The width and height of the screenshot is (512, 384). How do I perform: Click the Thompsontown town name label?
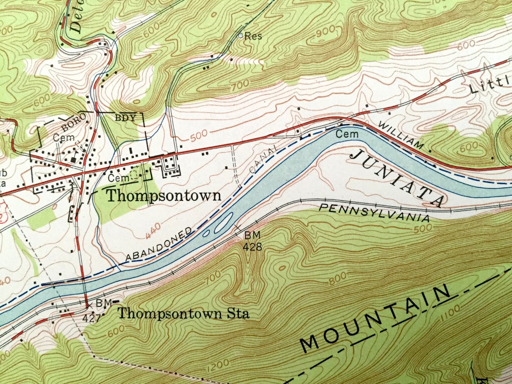(x=163, y=196)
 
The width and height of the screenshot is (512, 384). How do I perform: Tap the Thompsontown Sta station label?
(x=183, y=313)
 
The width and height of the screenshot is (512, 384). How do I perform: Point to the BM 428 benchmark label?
(x=252, y=241)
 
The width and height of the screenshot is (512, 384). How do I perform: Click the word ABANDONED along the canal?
(x=159, y=245)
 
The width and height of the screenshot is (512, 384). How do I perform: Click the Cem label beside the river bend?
(x=347, y=134)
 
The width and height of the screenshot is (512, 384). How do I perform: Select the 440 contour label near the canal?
(x=153, y=232)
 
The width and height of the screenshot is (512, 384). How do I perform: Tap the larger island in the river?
(x=223, y=222)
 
